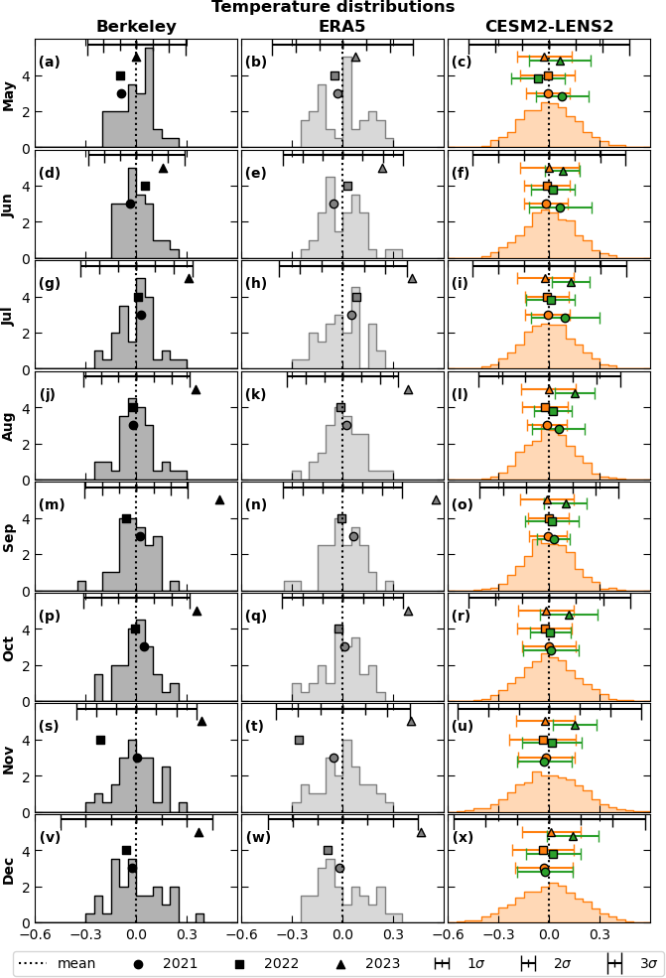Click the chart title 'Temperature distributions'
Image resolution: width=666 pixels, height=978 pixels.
pos(333,8)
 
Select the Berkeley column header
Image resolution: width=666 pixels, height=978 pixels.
pos(136,27)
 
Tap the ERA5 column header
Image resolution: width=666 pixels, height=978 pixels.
pos(341,27)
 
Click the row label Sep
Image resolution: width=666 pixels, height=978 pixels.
pos(9,537)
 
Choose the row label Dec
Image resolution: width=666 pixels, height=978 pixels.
pos(9,870)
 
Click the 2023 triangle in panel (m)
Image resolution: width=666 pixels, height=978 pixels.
pos(219,499)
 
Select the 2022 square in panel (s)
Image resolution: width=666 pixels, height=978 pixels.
pos(100,740)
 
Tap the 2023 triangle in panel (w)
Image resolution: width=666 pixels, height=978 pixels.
pos(421,832)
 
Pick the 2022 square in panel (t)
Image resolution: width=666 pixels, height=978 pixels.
pos(299,740)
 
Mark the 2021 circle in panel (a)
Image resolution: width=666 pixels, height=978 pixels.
pos(121,93)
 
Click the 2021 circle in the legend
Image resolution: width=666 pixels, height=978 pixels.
pos(138,963)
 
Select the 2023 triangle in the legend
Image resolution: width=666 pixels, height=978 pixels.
pos(340,963)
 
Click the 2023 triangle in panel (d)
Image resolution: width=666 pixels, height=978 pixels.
pos(163,168)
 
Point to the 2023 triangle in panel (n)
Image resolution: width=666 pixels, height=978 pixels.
pos(436,499)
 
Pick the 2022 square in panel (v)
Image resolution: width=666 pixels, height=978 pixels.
pos(126,850)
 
